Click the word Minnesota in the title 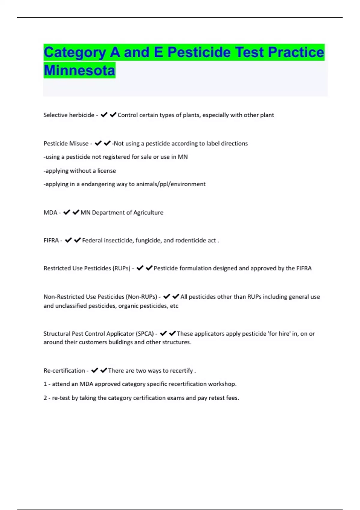(x=79, y=70)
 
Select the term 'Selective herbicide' (x=69, y=115)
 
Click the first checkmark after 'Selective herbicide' (x=104, y=115)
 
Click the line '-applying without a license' (x=80, y=171)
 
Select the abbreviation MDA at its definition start (x=50, y=213)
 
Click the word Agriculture (x=148, y=213)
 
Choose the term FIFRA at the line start (x=51, y=241)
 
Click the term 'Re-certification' (x=64, y=371)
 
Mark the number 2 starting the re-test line (x=45, y=398)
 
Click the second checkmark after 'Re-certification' (x=103, y=370)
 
